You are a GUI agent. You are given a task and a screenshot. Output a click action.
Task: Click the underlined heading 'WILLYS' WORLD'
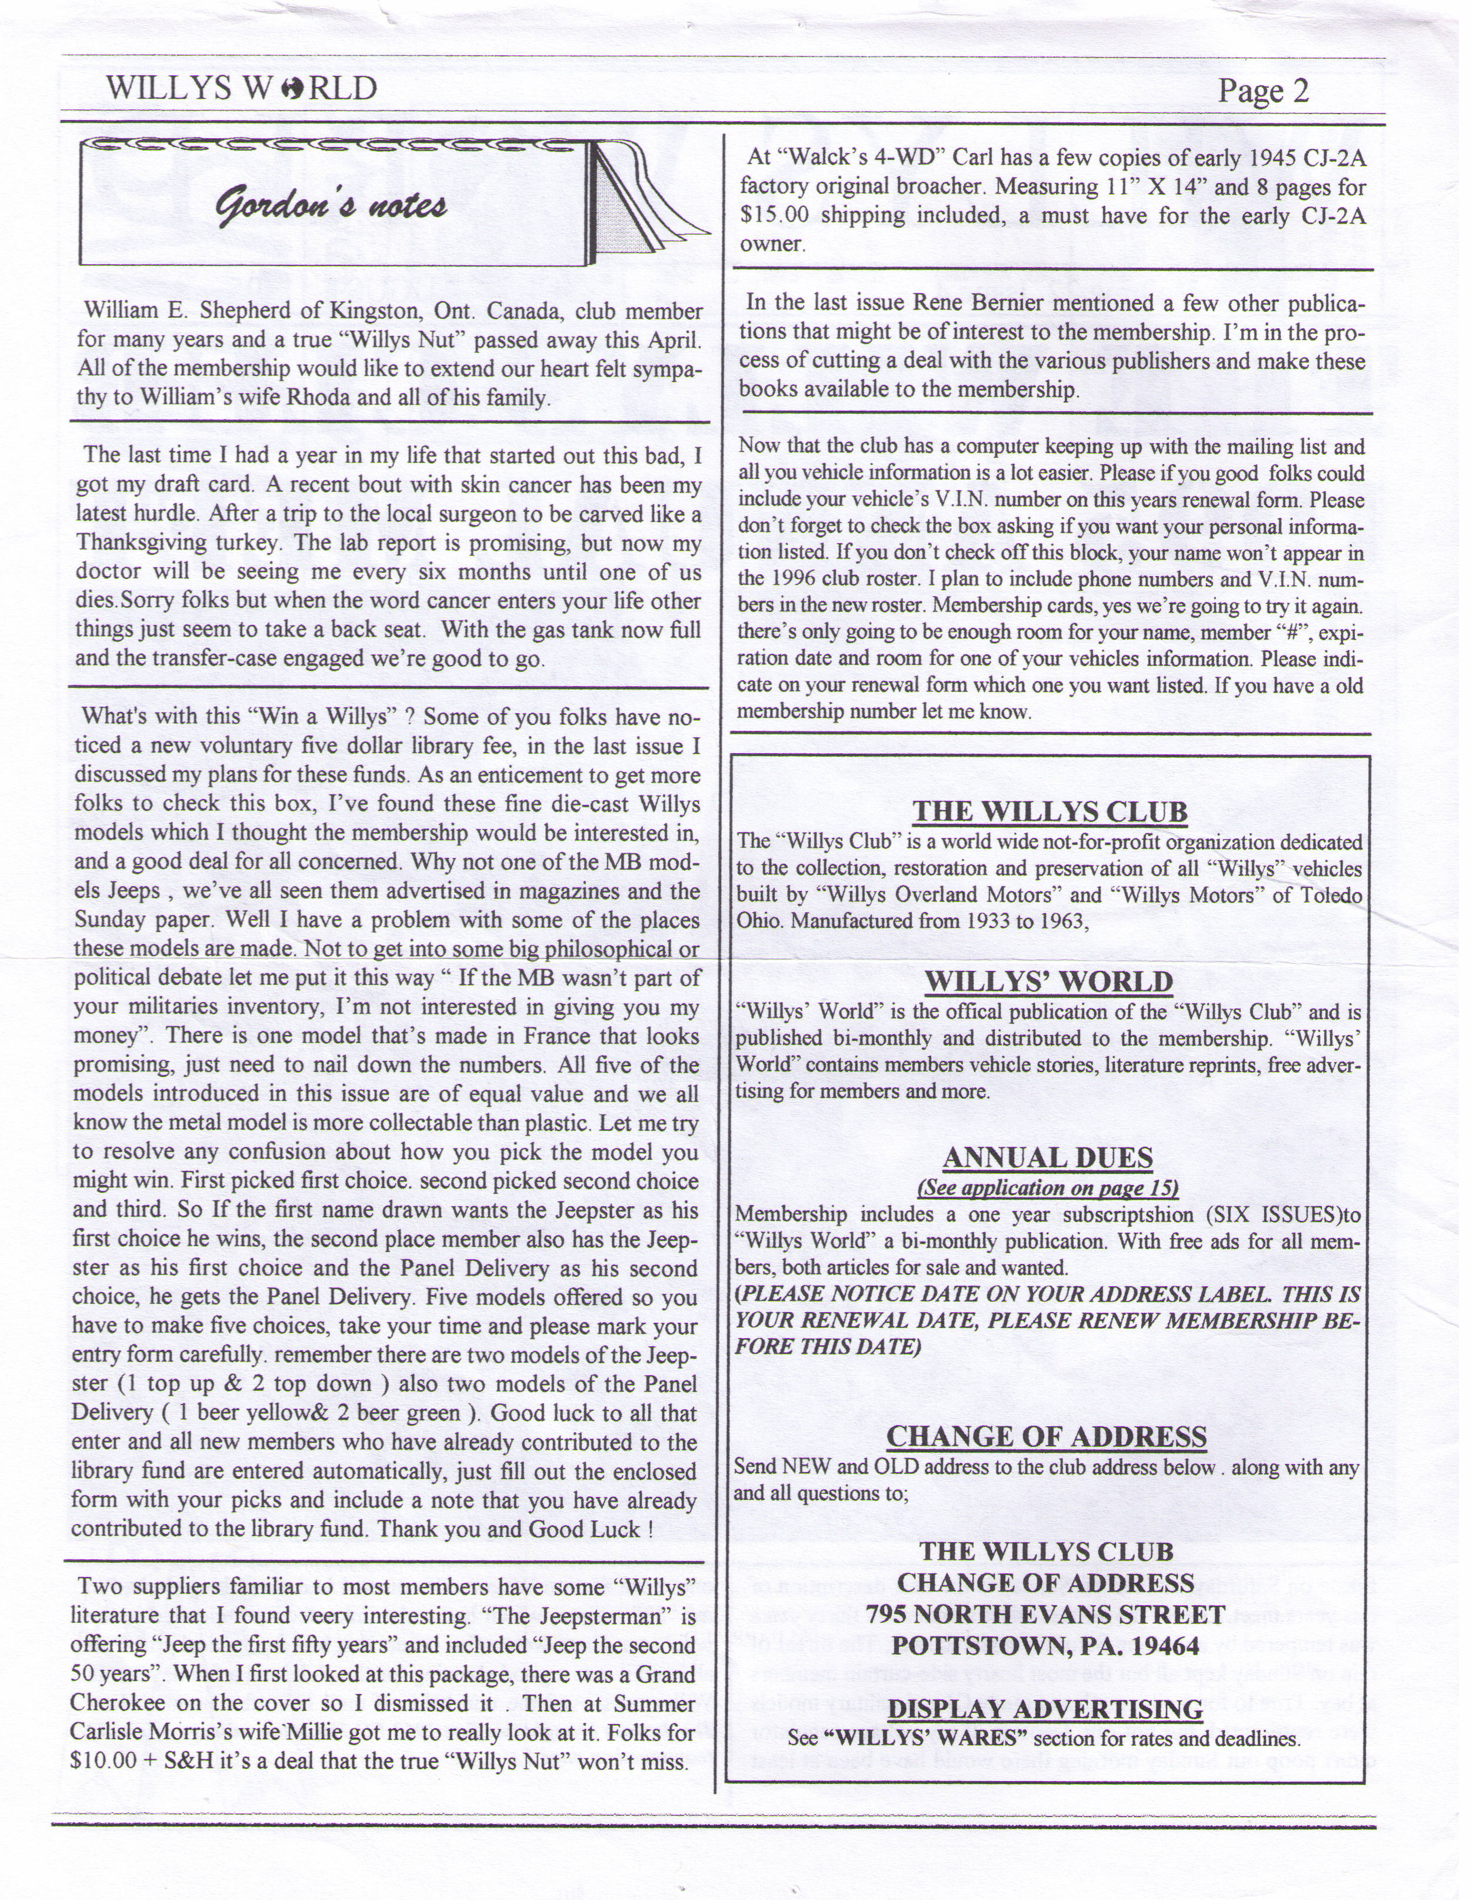coord(1049,981)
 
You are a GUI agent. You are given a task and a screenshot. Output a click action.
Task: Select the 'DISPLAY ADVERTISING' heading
coord(1045,1709)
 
